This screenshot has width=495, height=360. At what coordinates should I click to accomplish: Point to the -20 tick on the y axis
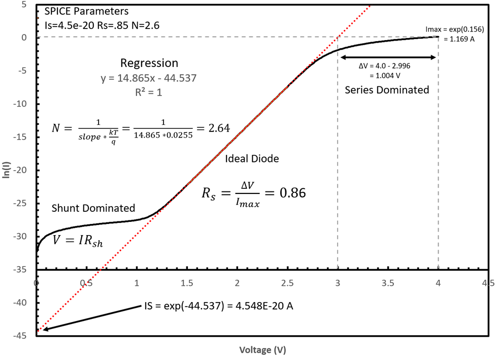23,171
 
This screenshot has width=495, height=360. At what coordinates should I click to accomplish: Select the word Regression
149,63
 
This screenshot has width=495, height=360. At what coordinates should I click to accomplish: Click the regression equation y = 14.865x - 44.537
149,78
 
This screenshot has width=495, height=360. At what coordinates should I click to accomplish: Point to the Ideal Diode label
252,158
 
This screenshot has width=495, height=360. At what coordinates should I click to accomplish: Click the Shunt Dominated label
93,208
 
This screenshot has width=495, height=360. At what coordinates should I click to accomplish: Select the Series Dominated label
387,90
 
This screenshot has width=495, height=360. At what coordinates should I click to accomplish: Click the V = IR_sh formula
78,240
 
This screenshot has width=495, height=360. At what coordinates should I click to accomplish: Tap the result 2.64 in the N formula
219,128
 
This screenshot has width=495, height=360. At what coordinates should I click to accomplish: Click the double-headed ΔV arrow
388,57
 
